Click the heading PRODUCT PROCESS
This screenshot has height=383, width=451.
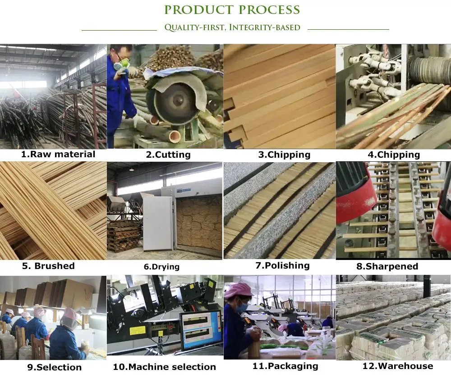click(x=232, y=10)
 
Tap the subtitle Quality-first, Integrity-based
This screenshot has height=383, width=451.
click(x=232, y=27)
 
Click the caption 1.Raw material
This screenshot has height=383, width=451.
click(x=58, y=154)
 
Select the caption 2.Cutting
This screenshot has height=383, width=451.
click(x=168, y=155)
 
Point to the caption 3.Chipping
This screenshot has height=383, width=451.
click(x=284, y=155)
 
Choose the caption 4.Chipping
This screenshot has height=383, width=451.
click(x=394, y=155)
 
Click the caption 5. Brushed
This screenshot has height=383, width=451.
click(x=48, y=266)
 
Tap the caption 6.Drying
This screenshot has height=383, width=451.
click(x=161, y=267)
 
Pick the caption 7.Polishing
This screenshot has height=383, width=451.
click(x=282, y=266)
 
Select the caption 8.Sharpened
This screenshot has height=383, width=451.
click(x=387, y=266)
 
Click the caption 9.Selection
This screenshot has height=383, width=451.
click(x=55, y=367)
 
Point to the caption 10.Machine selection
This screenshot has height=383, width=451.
click(x=164, y=367)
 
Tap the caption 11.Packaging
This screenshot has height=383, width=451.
click(x=285, y=366)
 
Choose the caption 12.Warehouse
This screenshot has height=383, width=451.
click(x=398, y=366)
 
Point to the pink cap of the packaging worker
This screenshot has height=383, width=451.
click(x=238, y=290)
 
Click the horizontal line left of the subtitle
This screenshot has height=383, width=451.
click(x=119, y=30)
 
